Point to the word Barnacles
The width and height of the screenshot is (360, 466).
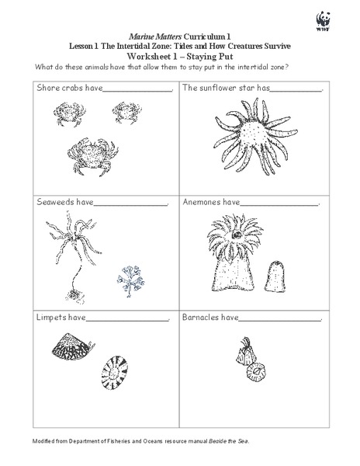click(x=202, y=318)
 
